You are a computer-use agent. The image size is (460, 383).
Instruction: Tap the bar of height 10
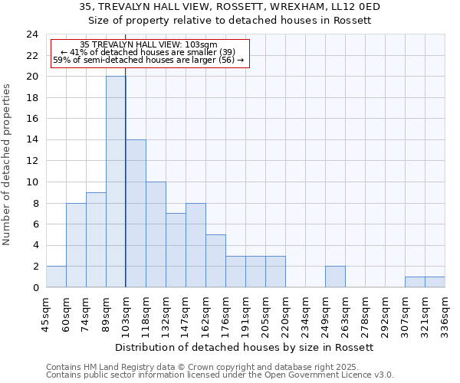pos(156,234)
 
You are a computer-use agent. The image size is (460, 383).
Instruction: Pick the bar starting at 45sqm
pos(56,277)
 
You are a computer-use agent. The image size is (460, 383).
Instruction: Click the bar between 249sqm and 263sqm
pos(335,277)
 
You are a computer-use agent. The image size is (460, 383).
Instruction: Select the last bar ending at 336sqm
pos(435,282)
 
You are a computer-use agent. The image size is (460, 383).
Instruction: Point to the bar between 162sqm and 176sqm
pos(215,260)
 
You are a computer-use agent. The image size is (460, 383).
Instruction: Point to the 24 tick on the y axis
pos(32,34)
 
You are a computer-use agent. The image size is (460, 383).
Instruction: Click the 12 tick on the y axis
pos(32,161)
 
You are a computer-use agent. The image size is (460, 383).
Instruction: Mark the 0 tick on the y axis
pos(35,287)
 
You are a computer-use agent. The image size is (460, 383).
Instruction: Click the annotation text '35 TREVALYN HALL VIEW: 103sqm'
pos(148,44)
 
